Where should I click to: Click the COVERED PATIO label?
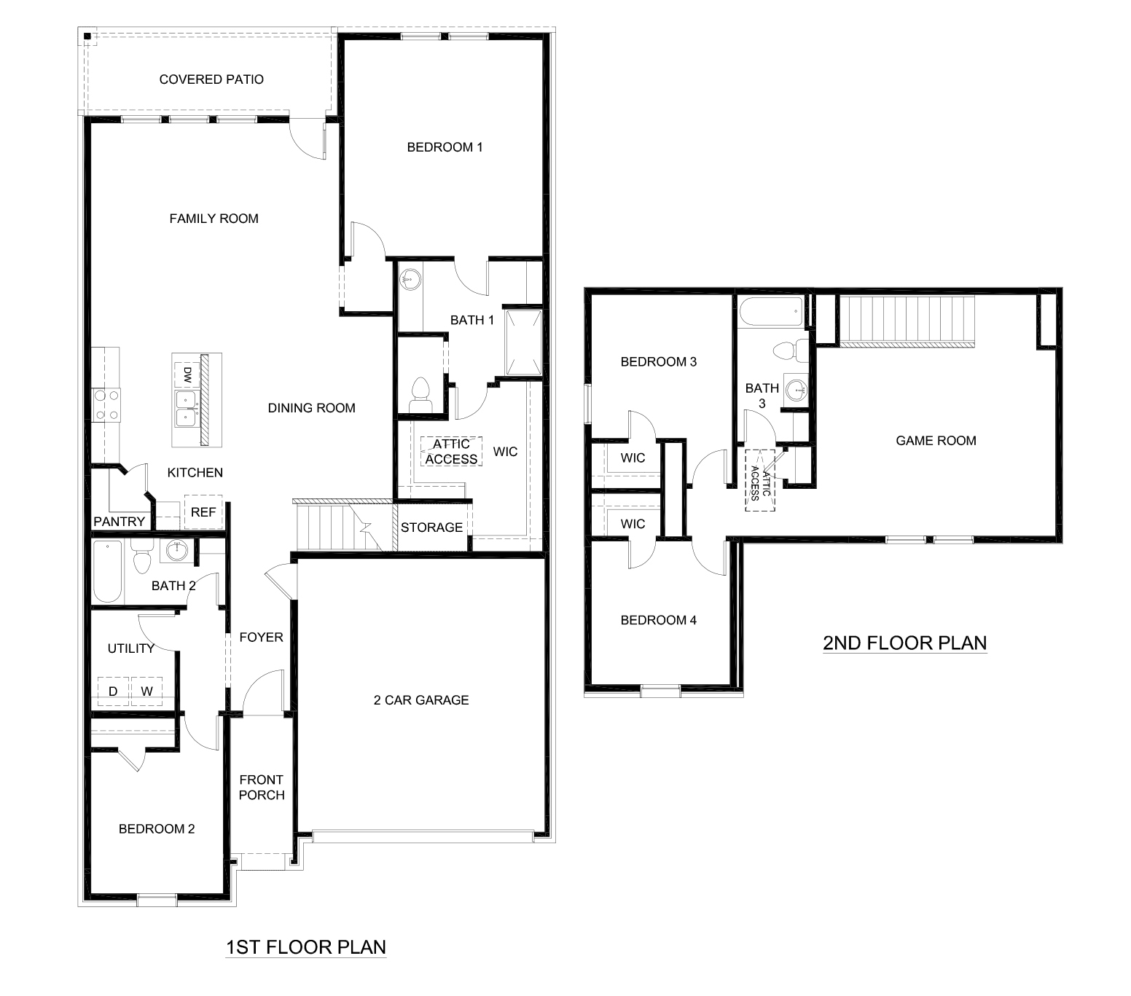point(211,79)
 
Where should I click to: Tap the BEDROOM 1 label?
point(445,147)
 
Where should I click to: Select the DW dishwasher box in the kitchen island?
point(187,375)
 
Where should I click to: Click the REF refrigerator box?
point(203,512)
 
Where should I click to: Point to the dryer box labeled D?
point(113,691)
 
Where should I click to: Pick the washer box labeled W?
point(147,691)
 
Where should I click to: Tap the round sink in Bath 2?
point(176,551)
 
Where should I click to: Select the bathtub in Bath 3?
point(770,313)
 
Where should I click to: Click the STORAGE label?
point(431,528)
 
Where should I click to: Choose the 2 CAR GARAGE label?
point(421,700)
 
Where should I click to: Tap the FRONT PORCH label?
point(262,788)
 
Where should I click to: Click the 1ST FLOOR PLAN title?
point(306,947)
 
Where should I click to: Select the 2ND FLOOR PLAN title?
point(904,643)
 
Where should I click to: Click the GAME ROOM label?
point(936,441)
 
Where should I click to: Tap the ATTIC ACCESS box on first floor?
point(451,452)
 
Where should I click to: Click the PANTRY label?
point(119,522)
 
